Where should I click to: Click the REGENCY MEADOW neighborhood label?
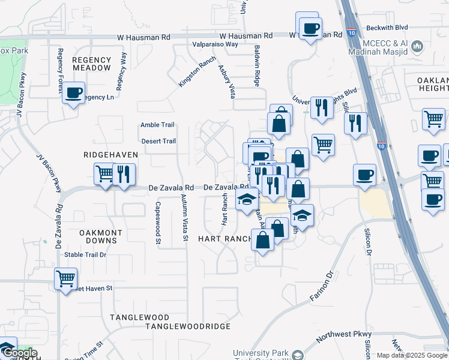tap(92, 64)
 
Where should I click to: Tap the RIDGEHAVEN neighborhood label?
tap(111, 155)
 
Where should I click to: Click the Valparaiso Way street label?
tap(215, 44)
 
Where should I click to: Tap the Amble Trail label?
tap(157, 125)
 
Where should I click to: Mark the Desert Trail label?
tap(158, 142)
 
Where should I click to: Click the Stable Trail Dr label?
tap(85, 254)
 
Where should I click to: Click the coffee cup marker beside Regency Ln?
tap(74, 93)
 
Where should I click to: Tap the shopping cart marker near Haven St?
tap(65, 278)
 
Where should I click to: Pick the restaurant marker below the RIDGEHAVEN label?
tap(124, 174)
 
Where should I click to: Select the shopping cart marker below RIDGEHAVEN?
tap(105, 174)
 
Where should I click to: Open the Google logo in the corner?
tap(19, 353)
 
